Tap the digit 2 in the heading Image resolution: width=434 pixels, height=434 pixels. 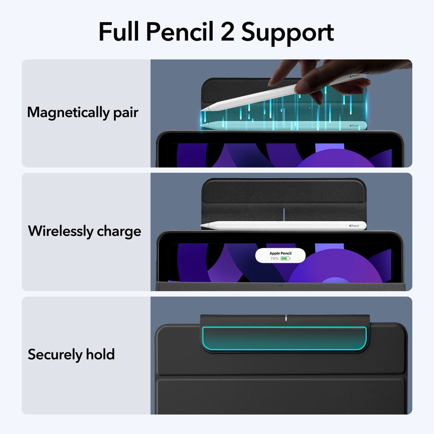[x=227, y=33]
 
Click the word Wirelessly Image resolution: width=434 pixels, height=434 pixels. [x=60, y=231]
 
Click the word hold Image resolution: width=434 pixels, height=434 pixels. [x=100, y=354]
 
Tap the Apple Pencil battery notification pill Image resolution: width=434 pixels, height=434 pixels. [x=280, y=256]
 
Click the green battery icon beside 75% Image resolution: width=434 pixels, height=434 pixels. [x=285, y=258]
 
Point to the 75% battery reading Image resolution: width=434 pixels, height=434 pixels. [x=274, y=258]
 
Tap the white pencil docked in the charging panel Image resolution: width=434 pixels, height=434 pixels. [x=283, y=225]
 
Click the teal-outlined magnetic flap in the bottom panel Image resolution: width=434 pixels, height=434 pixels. [x=284, y=339]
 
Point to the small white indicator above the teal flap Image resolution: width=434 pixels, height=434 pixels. [x=287, y=318]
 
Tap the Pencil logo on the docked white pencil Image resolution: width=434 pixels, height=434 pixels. [x=354, y=226]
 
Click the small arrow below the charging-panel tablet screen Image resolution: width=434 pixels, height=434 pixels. [x=280, y=286]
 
